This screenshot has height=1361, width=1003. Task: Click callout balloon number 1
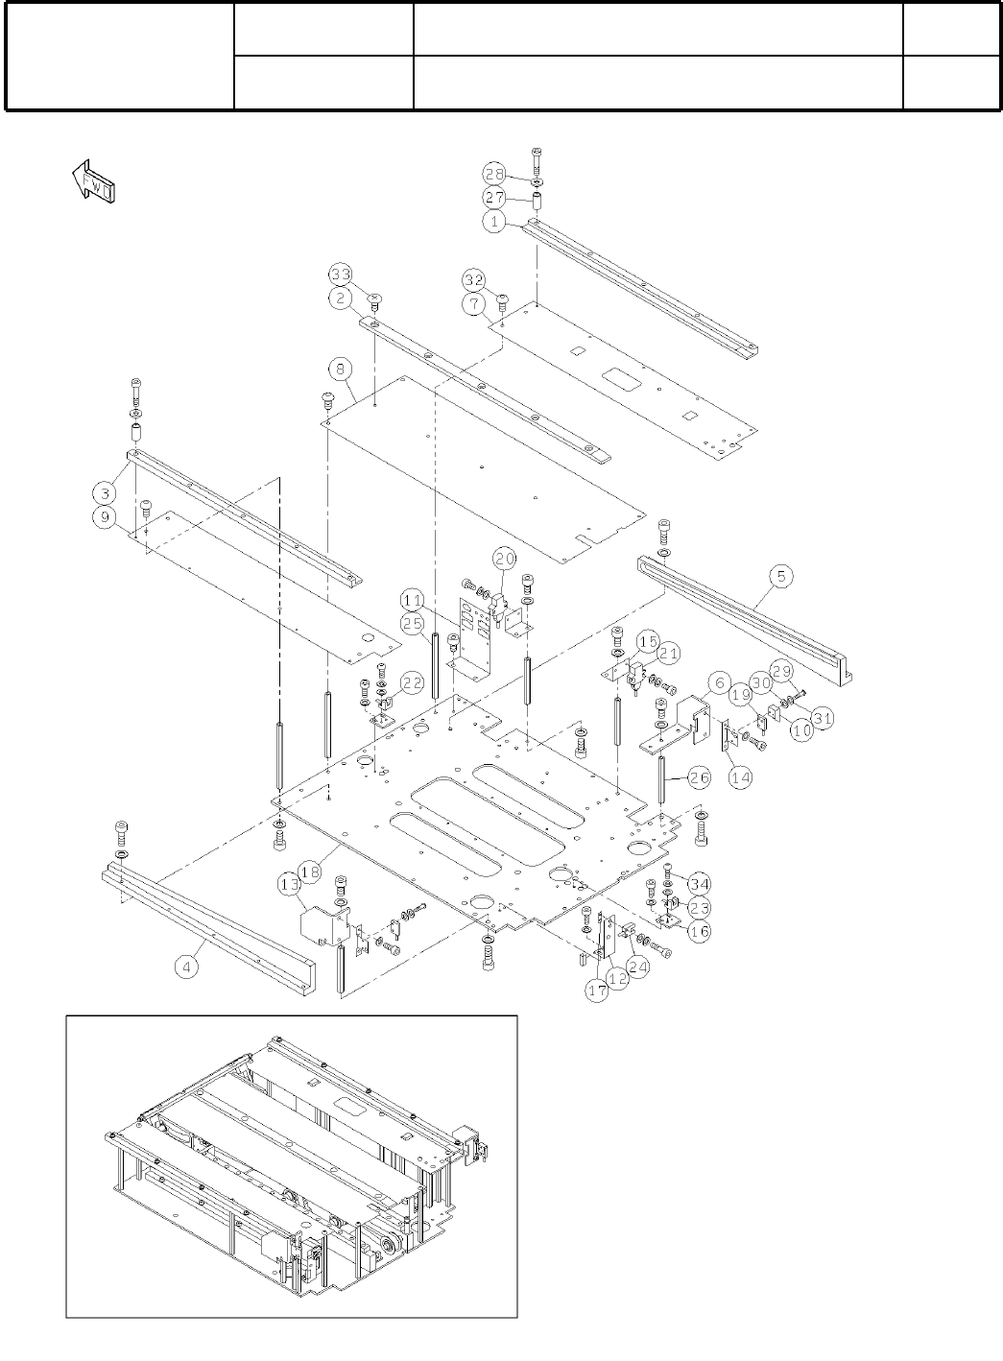click(x=493, y=221)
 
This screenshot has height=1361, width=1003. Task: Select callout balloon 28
click(x=494, y=174)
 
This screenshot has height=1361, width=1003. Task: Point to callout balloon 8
click(x=340, y=369)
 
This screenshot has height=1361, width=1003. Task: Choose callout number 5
click(x=781, y=576)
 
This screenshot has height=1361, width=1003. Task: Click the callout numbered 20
click(x=505, y=558)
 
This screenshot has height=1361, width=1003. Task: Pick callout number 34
click(x=700, y=883)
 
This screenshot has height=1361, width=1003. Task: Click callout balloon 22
click(x=412, y=682)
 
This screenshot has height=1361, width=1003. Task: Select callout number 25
click(x=413, y=624)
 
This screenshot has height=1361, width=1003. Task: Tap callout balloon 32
click(x=473, y=280)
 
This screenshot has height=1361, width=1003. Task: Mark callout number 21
click(x=669, y=654)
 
